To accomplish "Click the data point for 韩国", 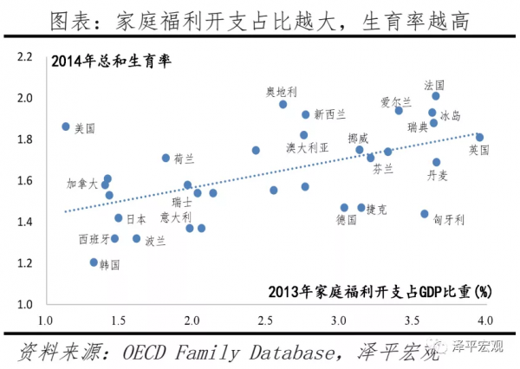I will pos(94,262).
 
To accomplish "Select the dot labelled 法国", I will pos(436,96).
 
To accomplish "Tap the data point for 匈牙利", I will pos(425,214).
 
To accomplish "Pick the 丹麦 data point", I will pos(437,162).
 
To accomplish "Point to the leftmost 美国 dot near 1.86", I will pos(66,126).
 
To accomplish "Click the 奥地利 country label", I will pos(281,90).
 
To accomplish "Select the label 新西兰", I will pos(329,113).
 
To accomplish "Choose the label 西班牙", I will pos(94,238).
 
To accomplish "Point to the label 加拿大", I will pos(82,184).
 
